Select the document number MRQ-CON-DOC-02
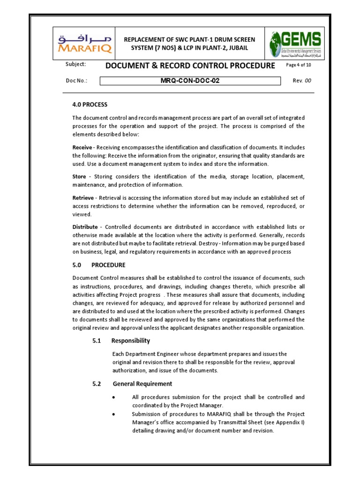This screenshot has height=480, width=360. tap(190, 81)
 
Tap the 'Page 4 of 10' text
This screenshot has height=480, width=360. tap(298, 65)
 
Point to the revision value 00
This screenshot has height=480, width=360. tap(308, 81)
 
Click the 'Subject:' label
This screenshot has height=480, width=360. tap(75, 65)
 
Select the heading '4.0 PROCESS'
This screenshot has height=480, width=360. tap(90, 104)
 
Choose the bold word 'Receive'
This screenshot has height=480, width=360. tap(82, 147)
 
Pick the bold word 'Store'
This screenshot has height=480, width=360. tap(79, 176)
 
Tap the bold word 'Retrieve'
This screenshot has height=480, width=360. tap(83, 197)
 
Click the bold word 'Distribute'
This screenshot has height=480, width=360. tap(85, 227)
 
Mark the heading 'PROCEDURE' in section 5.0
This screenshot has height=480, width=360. tap(108, 265)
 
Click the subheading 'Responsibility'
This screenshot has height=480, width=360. tap(130, 340)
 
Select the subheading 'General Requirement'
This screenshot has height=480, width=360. tap(142, 383)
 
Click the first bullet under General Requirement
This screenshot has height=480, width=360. tap(114, 397)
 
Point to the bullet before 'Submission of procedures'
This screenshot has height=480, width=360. tap(114, 414)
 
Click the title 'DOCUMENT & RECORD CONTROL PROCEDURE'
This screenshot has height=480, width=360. tap(190, 66)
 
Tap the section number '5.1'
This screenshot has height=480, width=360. tap(97, 340)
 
